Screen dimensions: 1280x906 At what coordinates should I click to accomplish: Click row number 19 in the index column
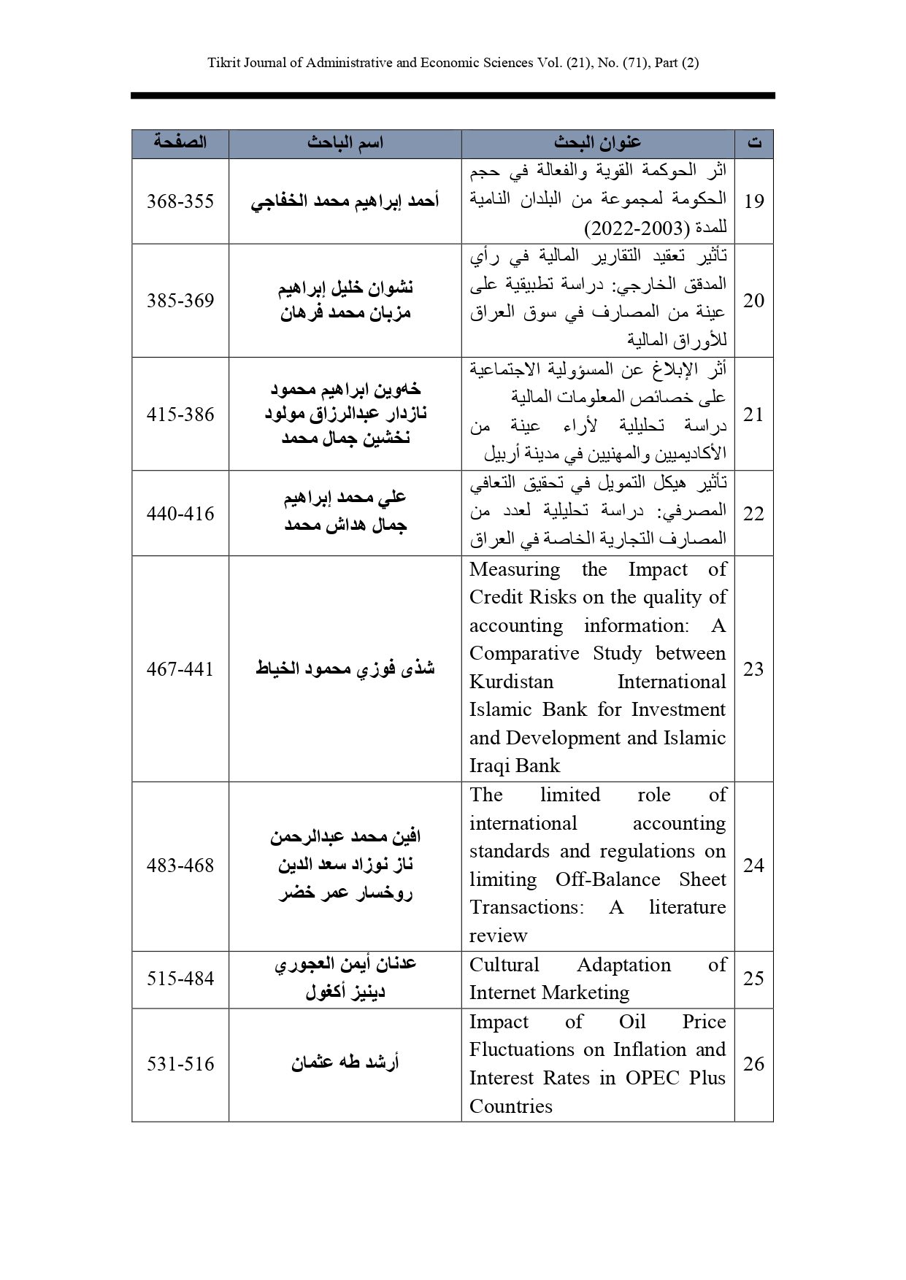(753, 201)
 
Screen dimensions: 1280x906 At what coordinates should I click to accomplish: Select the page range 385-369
(180, 300)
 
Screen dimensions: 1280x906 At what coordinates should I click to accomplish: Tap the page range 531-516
(180, 1063)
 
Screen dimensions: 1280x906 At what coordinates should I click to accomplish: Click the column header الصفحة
(180, 143)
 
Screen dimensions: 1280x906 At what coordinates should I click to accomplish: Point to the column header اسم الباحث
(345, 143)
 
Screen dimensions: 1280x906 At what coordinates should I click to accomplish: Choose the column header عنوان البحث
(597, 143)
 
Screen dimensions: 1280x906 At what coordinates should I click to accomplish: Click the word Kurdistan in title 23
(511, 682)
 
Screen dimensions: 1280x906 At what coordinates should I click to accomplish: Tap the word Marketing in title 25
(581, 992)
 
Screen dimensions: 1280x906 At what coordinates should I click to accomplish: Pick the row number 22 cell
(753, 513)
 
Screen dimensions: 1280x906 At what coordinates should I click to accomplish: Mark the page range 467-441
(180, 668)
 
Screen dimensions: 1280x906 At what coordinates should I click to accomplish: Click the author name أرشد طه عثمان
(345, 1063)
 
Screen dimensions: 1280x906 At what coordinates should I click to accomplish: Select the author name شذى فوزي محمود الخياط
(345, 668)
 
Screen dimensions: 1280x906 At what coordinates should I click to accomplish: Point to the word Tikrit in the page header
(222, 63)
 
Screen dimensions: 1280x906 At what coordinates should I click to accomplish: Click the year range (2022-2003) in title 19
(637, 228)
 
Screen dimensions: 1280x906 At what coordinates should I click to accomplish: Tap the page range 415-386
(180, 414)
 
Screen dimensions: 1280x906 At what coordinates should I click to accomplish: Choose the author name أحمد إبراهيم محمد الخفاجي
(345, 201)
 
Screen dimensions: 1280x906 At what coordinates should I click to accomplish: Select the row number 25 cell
(753, 978)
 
